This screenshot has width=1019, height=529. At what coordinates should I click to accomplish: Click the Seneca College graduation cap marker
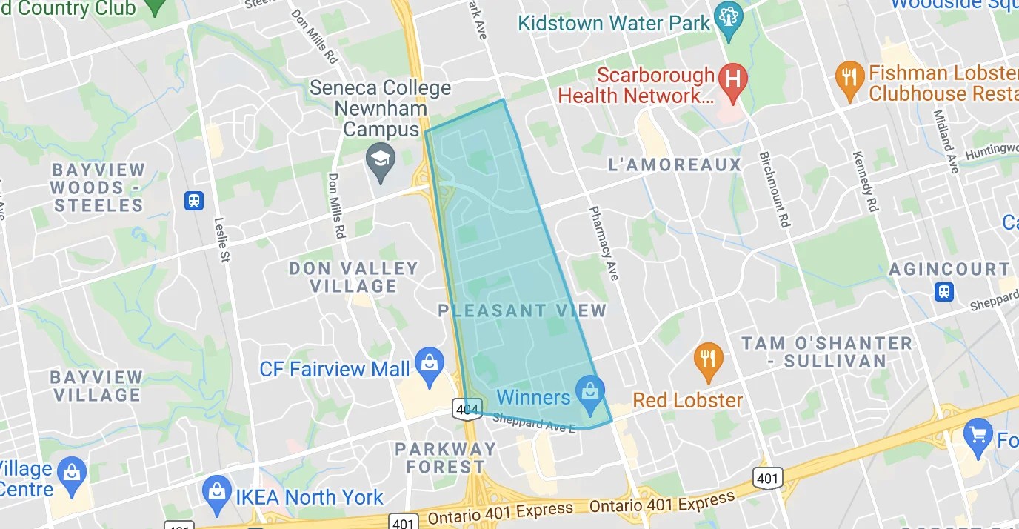click(x=381, y=162)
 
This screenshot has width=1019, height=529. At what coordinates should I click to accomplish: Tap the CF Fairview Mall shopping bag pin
click(x=430, y=366)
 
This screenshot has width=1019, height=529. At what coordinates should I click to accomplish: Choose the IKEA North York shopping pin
click(x=217, y=495)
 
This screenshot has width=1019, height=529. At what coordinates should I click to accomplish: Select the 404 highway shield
click(x=467, y=408)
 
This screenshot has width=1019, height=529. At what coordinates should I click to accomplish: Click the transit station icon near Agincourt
click(x=944, y=291)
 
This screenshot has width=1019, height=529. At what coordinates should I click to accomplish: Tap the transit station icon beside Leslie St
click(x=194, y=200)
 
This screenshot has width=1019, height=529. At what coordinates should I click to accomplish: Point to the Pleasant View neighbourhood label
click(x=522, y=311)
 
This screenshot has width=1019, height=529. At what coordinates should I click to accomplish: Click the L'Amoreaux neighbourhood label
click(x=675, y=164)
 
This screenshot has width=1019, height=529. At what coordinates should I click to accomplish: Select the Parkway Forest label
click(x=445, y=458)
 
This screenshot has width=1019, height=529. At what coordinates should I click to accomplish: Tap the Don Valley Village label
click(x=354, y=277)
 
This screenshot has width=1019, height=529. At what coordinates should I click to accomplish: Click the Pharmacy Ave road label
click(x=603, y=243)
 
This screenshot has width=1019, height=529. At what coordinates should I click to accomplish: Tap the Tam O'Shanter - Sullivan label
click(x=827, y=352)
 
